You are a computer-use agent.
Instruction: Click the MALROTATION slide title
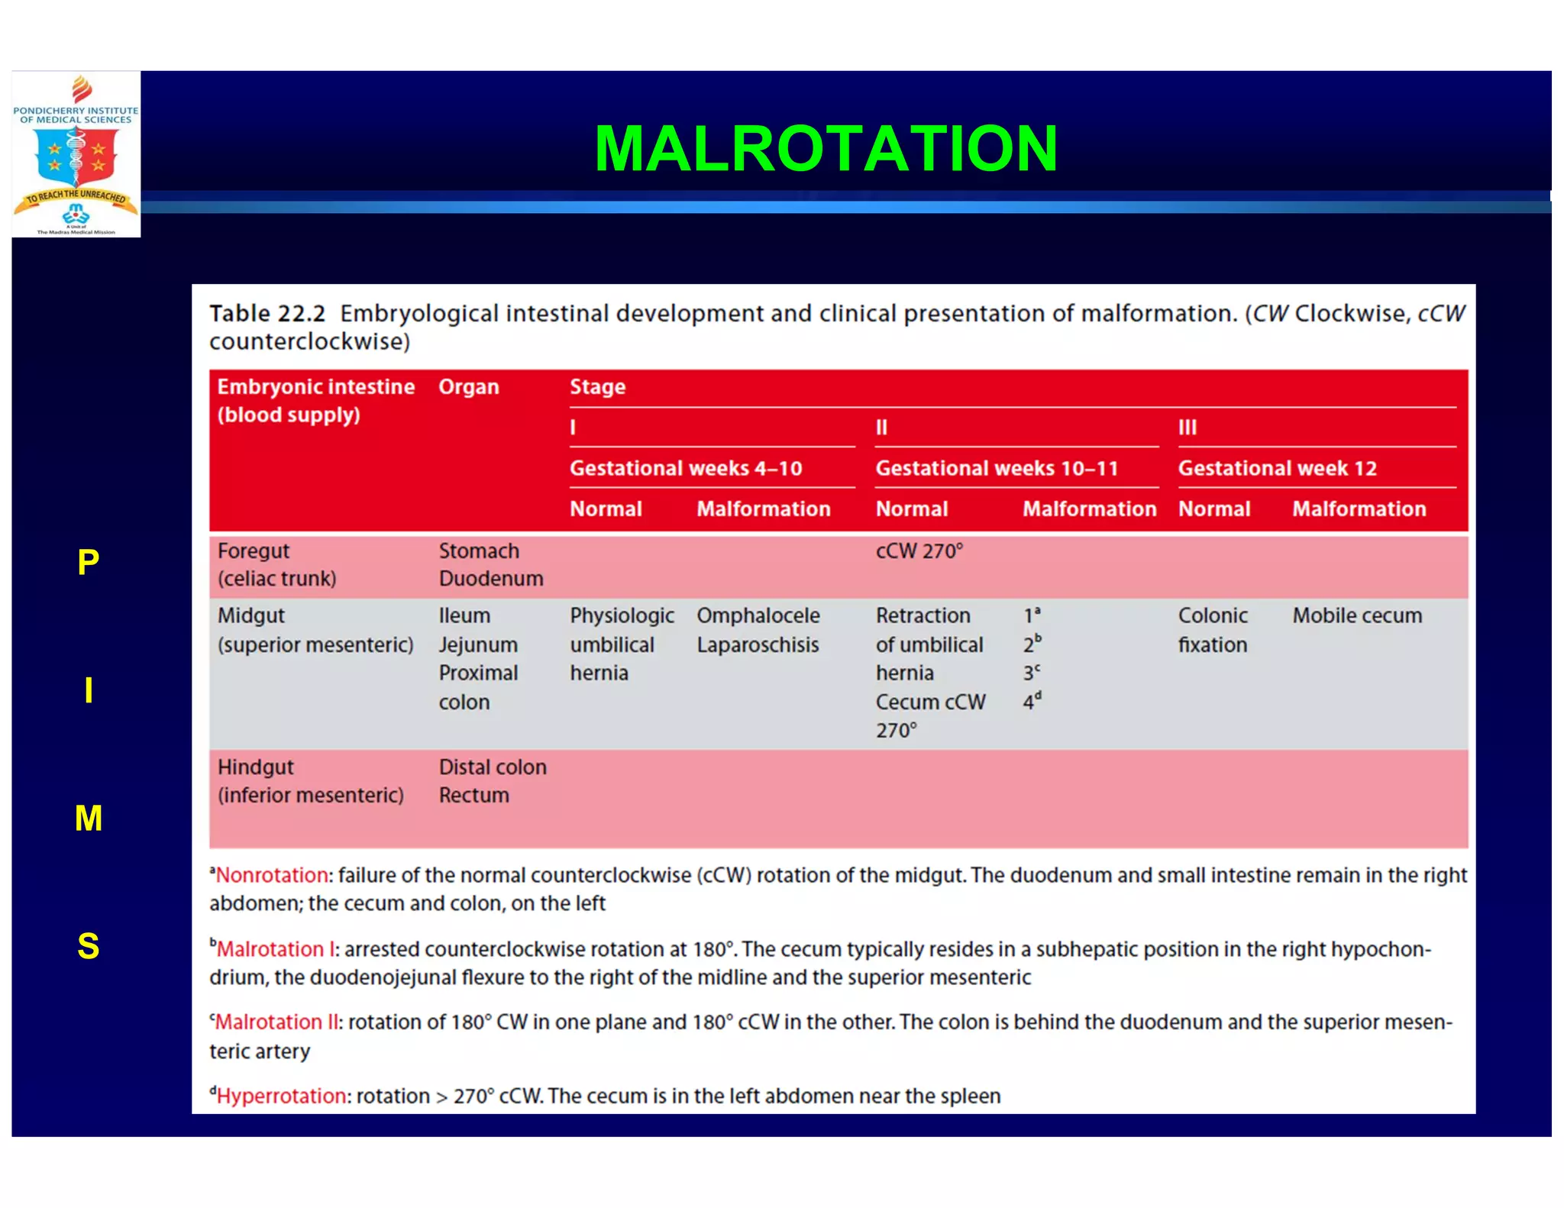pos(826,149)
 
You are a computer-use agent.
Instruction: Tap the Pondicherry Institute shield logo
pos(76,154)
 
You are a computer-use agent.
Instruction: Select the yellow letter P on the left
pos(89,563)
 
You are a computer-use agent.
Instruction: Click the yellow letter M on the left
pos(89,819)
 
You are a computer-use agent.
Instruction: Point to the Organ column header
pos(468,387)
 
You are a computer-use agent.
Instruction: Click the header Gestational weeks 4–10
pos(685,468)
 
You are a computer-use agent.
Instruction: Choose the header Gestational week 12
pos(1277,468)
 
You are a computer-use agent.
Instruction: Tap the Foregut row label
pos(254,551)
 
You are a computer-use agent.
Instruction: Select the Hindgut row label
pos(255,767)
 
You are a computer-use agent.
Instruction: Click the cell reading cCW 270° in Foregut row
pos(919,551)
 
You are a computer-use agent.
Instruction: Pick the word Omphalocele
pos(758,615)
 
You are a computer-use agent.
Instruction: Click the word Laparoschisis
pos(757,644)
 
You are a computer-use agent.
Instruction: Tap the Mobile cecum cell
pos(1357,615)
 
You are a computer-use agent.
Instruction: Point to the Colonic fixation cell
pos(1213,630)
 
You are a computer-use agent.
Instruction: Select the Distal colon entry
pos(493,767)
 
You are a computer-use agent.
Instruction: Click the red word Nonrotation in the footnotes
pos(271,875)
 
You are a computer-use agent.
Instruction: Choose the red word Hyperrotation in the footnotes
pos(281,1096)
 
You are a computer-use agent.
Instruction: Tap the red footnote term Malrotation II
pos(276,1022)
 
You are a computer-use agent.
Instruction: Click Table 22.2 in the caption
pos(267,314)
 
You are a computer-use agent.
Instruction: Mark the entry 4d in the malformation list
pos(1032,701)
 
